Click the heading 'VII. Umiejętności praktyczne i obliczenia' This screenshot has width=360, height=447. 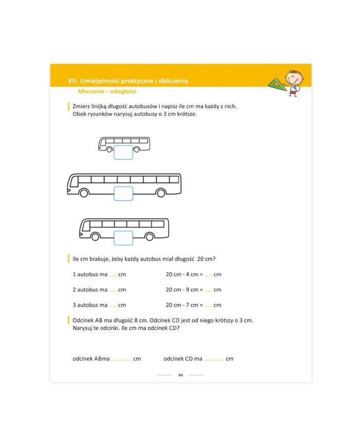[x=128, y=81]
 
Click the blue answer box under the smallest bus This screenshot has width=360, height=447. [x=123, y=153]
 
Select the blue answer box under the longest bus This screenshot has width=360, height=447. [x=123, y=193]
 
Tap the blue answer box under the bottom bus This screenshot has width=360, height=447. [x=123, y=238]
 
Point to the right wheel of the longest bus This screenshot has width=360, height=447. [x=161, y=193]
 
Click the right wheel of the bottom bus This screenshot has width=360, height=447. [x=149, y=237]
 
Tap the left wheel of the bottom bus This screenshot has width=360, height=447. [x=95, y=237]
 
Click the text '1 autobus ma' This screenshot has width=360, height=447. [x=90, y=275]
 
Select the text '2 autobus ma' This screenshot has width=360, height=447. [x=90, y=290]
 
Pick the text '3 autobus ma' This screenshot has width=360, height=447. [x=90, y=305]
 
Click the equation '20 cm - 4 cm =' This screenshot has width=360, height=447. [x=184, y=275]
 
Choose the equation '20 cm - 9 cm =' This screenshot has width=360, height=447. [x=184, y=290]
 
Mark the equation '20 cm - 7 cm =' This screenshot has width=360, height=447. [x=184, y=305]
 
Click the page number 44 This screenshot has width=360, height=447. [x=181, y=375]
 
